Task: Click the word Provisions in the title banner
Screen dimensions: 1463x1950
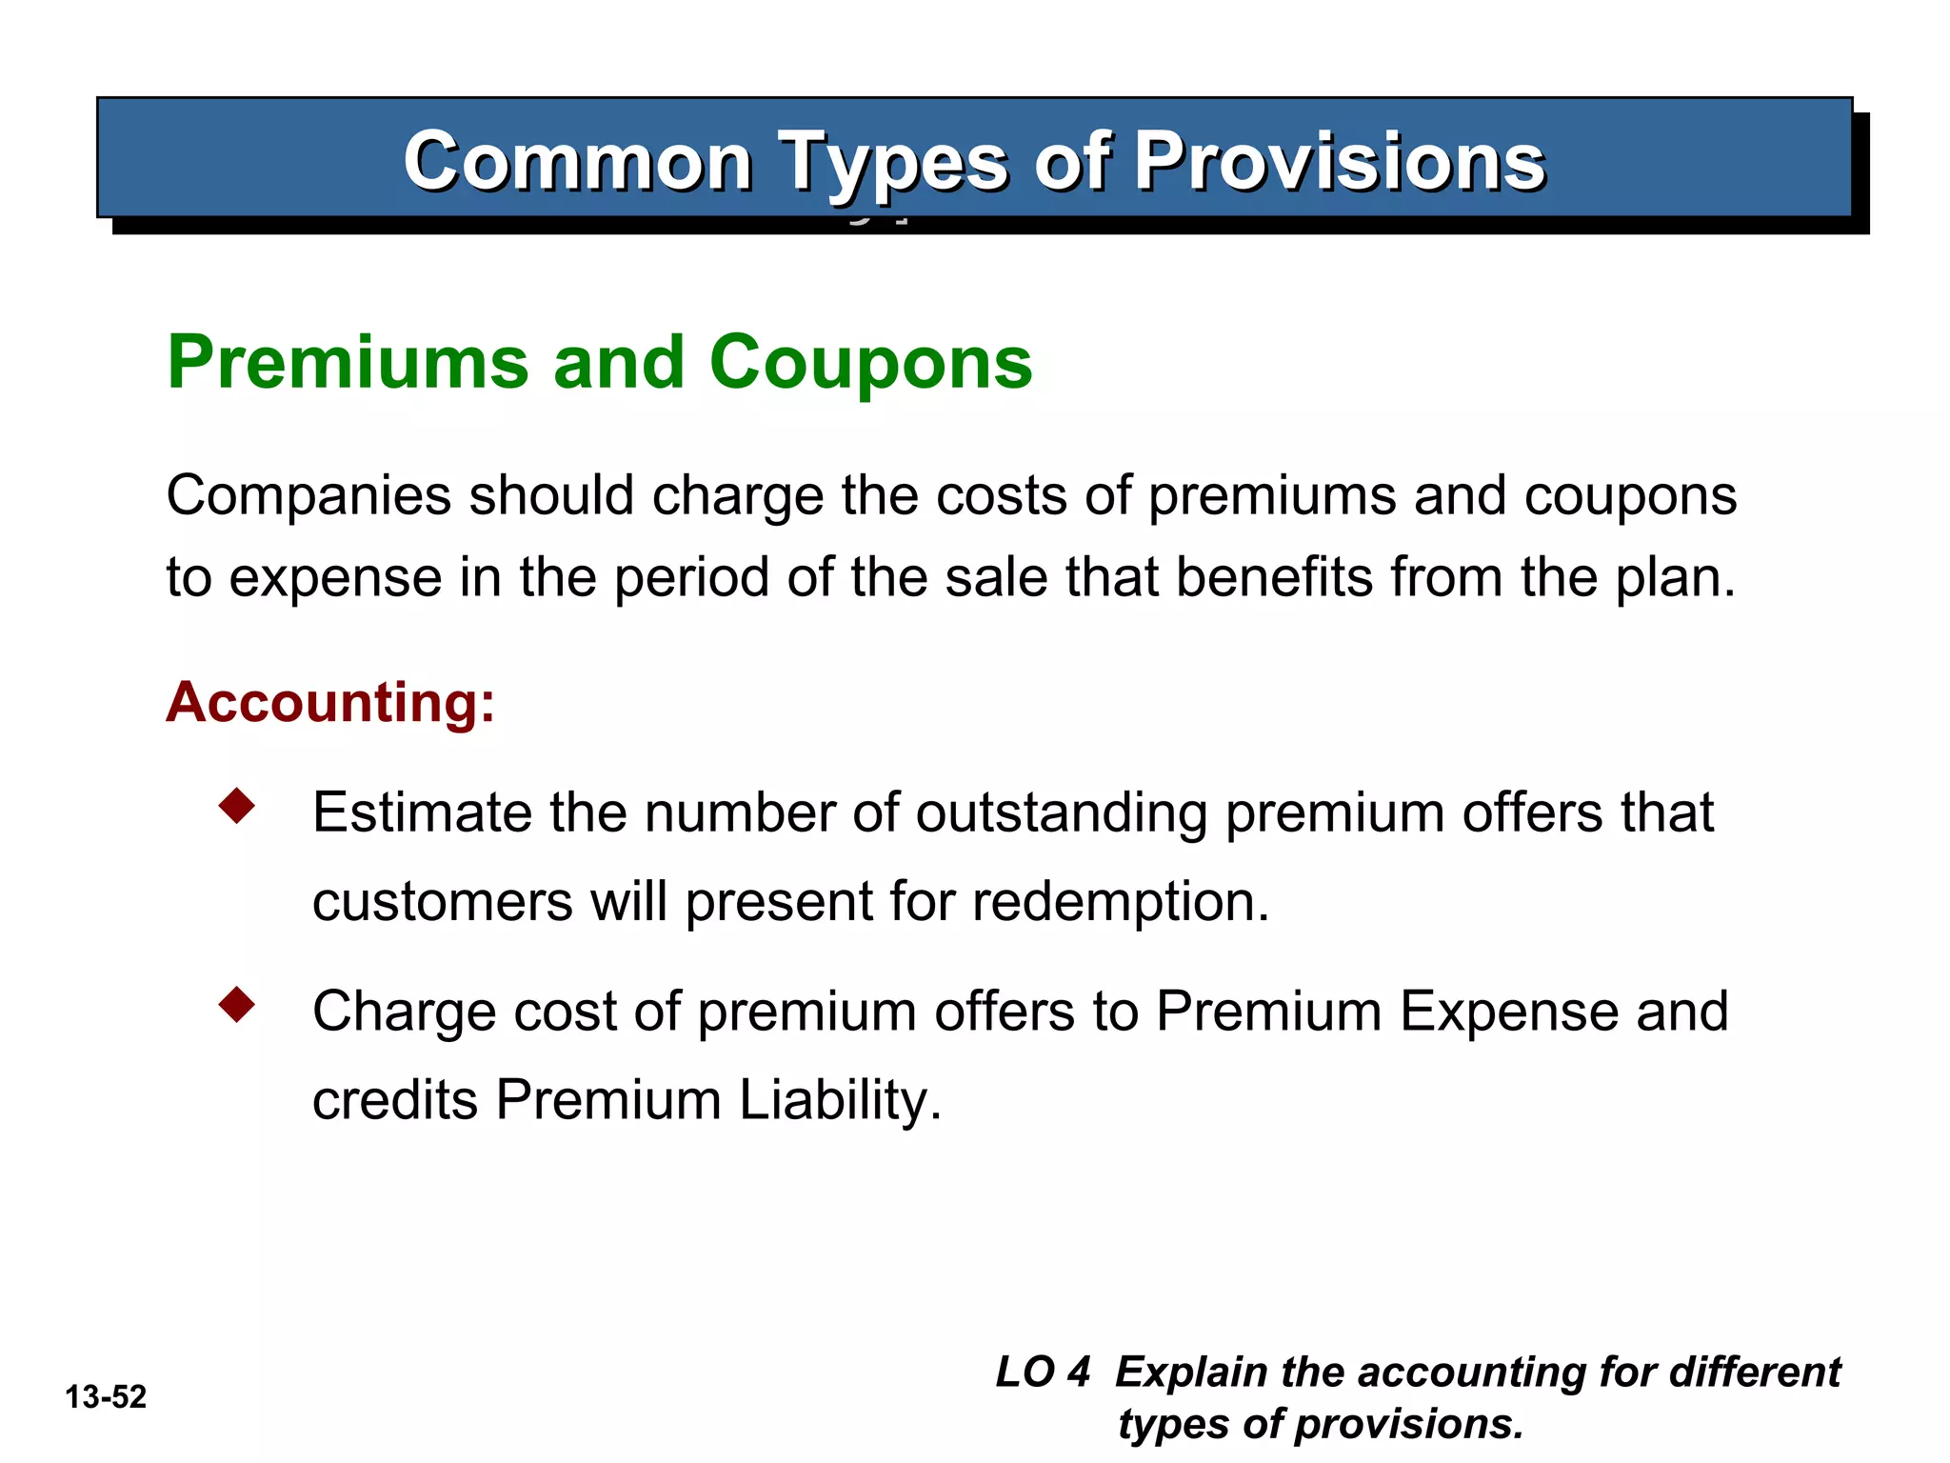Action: click(1339, 161)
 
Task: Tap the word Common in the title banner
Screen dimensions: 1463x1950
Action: click(578, 161)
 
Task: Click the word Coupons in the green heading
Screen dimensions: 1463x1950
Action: click(870, 363)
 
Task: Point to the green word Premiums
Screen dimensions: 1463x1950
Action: click(348, 363)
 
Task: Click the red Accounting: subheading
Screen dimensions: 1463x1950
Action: click(330, 702)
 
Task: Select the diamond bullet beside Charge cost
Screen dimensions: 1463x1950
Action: click(236, 1004)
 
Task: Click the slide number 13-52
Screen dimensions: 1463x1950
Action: click(106, 1397)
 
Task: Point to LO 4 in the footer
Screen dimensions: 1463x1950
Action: click(1043, 1373)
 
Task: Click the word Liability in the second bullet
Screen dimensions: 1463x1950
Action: click(840, 1100)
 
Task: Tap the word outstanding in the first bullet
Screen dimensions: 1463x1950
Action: click(1062, 814)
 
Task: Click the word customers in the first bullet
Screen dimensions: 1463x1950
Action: click(443, 902)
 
